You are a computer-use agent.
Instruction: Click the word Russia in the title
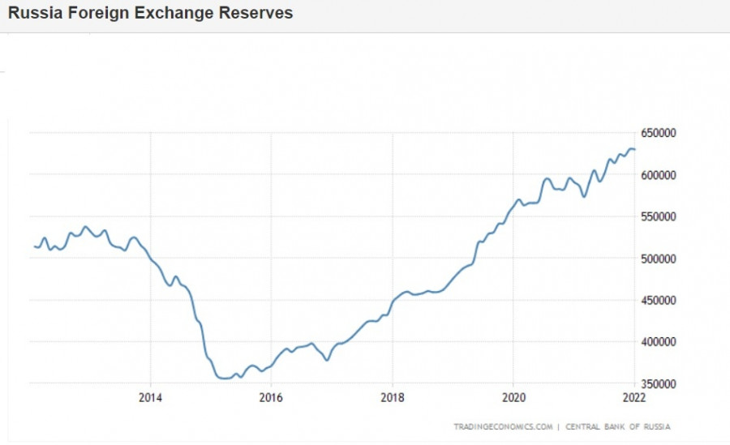34,14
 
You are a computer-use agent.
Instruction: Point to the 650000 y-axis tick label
659,133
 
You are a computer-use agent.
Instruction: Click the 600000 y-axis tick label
659,175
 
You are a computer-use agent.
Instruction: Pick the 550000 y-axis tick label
659,216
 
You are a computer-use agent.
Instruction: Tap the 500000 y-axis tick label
659,259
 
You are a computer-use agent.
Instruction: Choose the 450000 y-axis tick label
659,300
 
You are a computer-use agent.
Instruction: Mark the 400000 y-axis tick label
659,342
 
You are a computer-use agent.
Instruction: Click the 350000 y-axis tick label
659,383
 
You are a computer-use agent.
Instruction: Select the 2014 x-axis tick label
150,397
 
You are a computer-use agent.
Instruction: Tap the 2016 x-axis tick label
271,397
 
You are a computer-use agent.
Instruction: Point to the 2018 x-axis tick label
392,397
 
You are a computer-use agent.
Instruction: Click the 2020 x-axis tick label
513,397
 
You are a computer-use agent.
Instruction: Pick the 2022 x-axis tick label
633,397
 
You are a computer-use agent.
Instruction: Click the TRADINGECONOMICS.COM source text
503,426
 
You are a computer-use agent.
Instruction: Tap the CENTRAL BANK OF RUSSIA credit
618,426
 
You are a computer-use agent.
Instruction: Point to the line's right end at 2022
634,149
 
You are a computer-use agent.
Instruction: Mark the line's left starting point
34,246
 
